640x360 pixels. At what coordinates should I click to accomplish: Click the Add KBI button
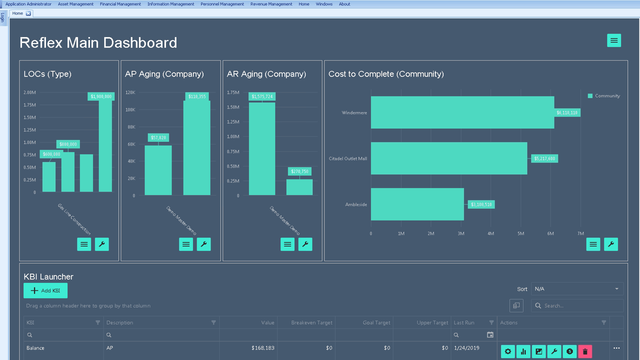(x=45, y=290)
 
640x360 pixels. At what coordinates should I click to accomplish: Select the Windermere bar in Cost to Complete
(x=462, y=112)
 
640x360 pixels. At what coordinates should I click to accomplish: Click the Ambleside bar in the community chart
(x=417, y=204)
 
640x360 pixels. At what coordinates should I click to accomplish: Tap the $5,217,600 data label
(x=544, y=158)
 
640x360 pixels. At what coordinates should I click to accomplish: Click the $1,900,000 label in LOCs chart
(x=101, y=96)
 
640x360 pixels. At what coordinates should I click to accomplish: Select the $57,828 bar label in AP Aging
(x=158, y=137)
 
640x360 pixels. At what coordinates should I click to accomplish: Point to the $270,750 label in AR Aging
(x=300, y=171)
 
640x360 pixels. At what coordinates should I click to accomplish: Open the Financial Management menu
(x=120, y=4)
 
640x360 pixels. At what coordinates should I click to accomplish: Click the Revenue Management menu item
(x=271, y=4)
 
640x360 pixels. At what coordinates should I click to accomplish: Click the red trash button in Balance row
(x=585, y=351)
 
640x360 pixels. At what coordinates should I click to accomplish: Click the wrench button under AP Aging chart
(x=203, y=244)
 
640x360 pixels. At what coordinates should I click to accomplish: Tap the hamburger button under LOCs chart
(x=84, y=244)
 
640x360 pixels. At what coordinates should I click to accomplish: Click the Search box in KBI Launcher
(x=580, y=305)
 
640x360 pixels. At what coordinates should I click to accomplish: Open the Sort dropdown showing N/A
(x=577, y=289)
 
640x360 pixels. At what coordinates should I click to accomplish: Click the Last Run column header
(x=463, y=322)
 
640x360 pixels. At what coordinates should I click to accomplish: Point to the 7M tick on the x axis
(x=580, y=233)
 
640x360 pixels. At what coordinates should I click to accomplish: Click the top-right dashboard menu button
(x=614, y=40)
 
